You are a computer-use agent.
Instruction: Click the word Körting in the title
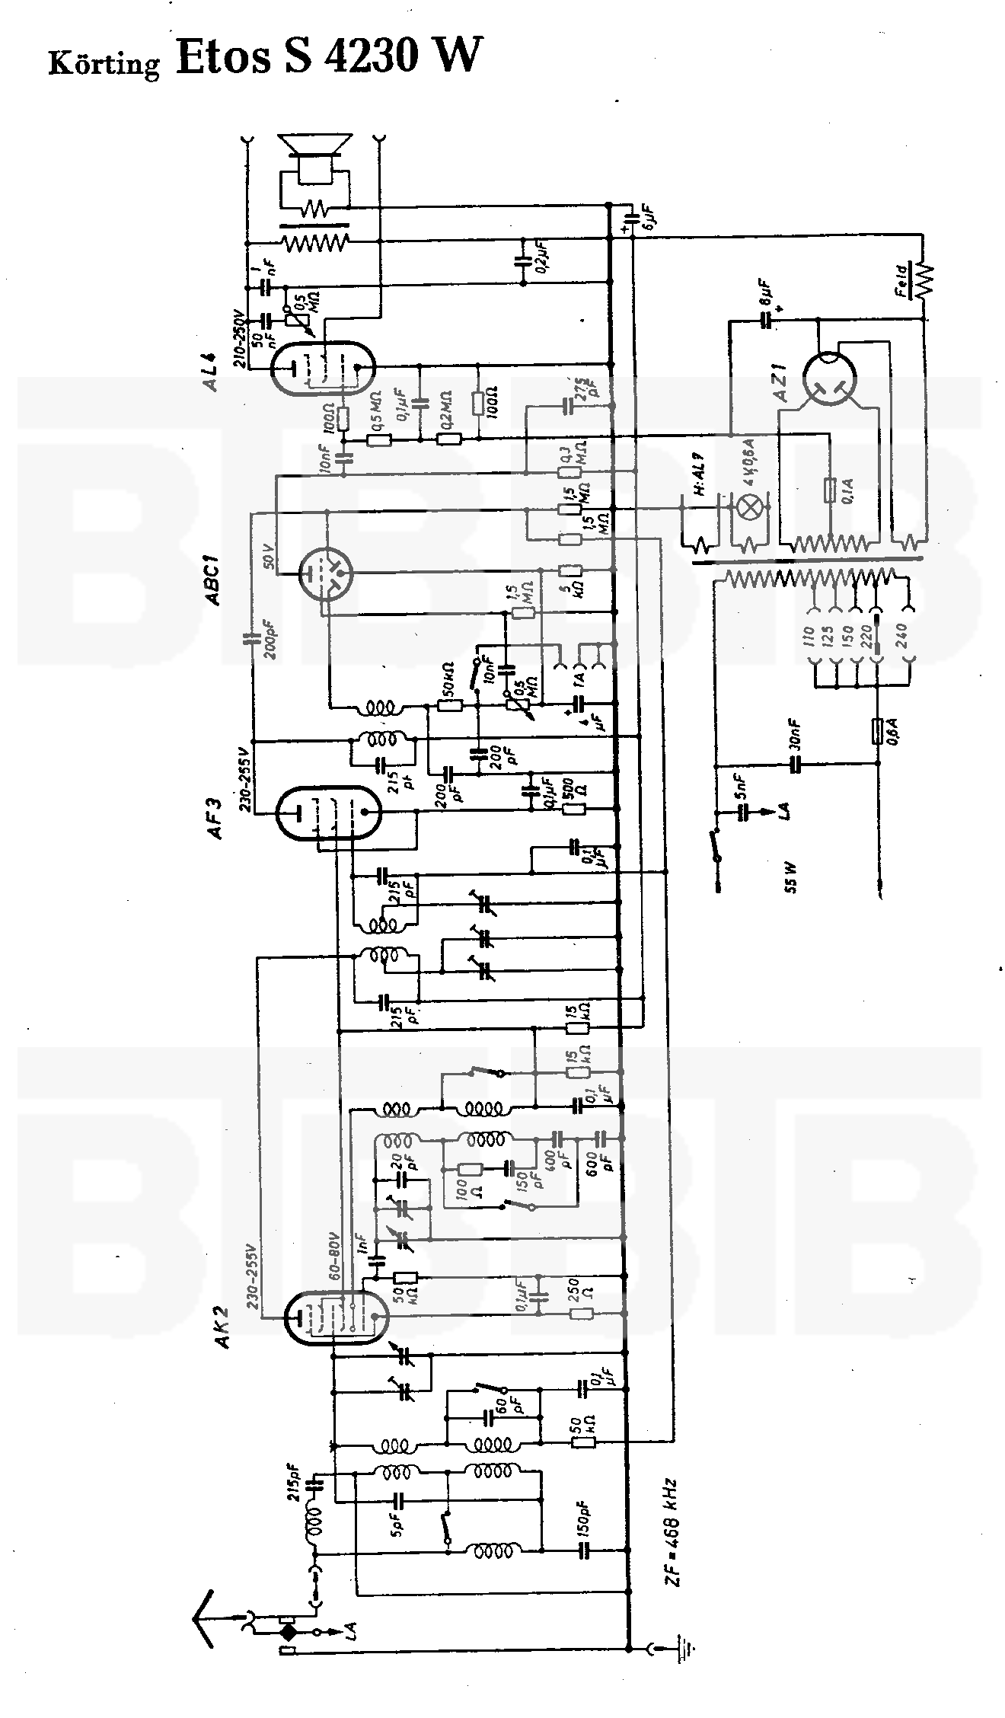[x=104, y=62]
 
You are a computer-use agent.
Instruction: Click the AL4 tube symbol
[x=323, y=369]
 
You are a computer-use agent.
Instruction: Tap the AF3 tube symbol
[x=327, y=813]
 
